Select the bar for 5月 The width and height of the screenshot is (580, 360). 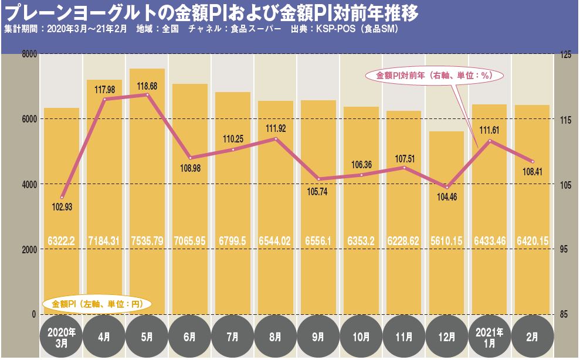coord(147,193)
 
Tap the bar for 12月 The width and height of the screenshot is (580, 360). coord(446,223)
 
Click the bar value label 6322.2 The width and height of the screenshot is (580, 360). coord(62,241)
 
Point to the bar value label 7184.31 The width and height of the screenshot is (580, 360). coord(104,241)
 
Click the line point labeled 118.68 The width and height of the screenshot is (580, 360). coord(147,94)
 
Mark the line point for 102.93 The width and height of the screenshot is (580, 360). coord(62,197)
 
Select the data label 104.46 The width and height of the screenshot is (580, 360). coord(446,198)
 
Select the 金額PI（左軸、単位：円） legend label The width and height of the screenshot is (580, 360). coord(97,304)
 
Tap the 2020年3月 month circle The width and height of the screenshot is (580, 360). coord(62,337)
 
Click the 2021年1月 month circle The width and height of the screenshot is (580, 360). coord(489,337)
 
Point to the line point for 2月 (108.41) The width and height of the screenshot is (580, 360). coord(532,161)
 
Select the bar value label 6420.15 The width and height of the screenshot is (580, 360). coord(532,241)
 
